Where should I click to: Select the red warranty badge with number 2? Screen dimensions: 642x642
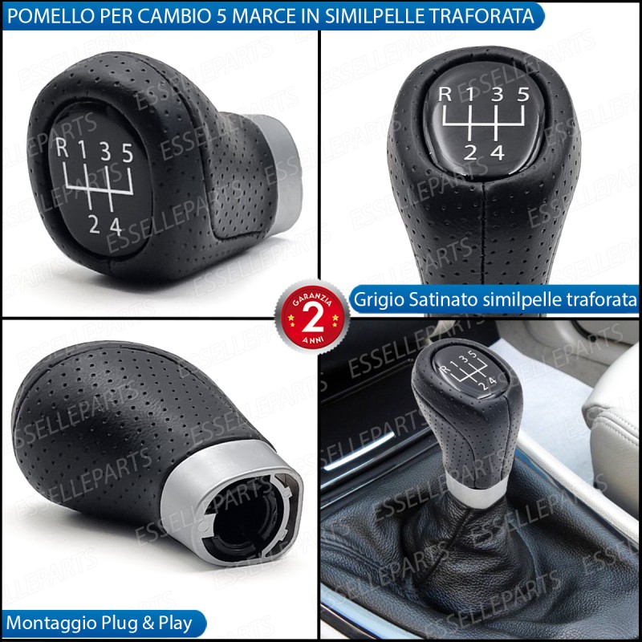(x=312, y=317)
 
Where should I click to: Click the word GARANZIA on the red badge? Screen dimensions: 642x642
(x=312, y=299)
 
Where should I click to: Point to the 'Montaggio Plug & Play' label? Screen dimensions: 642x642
(x=99, y=624)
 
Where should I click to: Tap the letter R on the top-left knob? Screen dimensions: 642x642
(x=62, y=148)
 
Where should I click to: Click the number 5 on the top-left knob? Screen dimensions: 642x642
(x=128, y=153)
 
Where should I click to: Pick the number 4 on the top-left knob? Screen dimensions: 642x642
(x=116, y=226)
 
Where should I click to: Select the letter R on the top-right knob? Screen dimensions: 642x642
(x=445, y=94)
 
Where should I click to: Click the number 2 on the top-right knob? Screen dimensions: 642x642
(x=470, y=152)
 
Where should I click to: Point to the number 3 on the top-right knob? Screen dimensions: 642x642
(x=497, y=94)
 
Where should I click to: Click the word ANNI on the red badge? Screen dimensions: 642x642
(x=313, y=339)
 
